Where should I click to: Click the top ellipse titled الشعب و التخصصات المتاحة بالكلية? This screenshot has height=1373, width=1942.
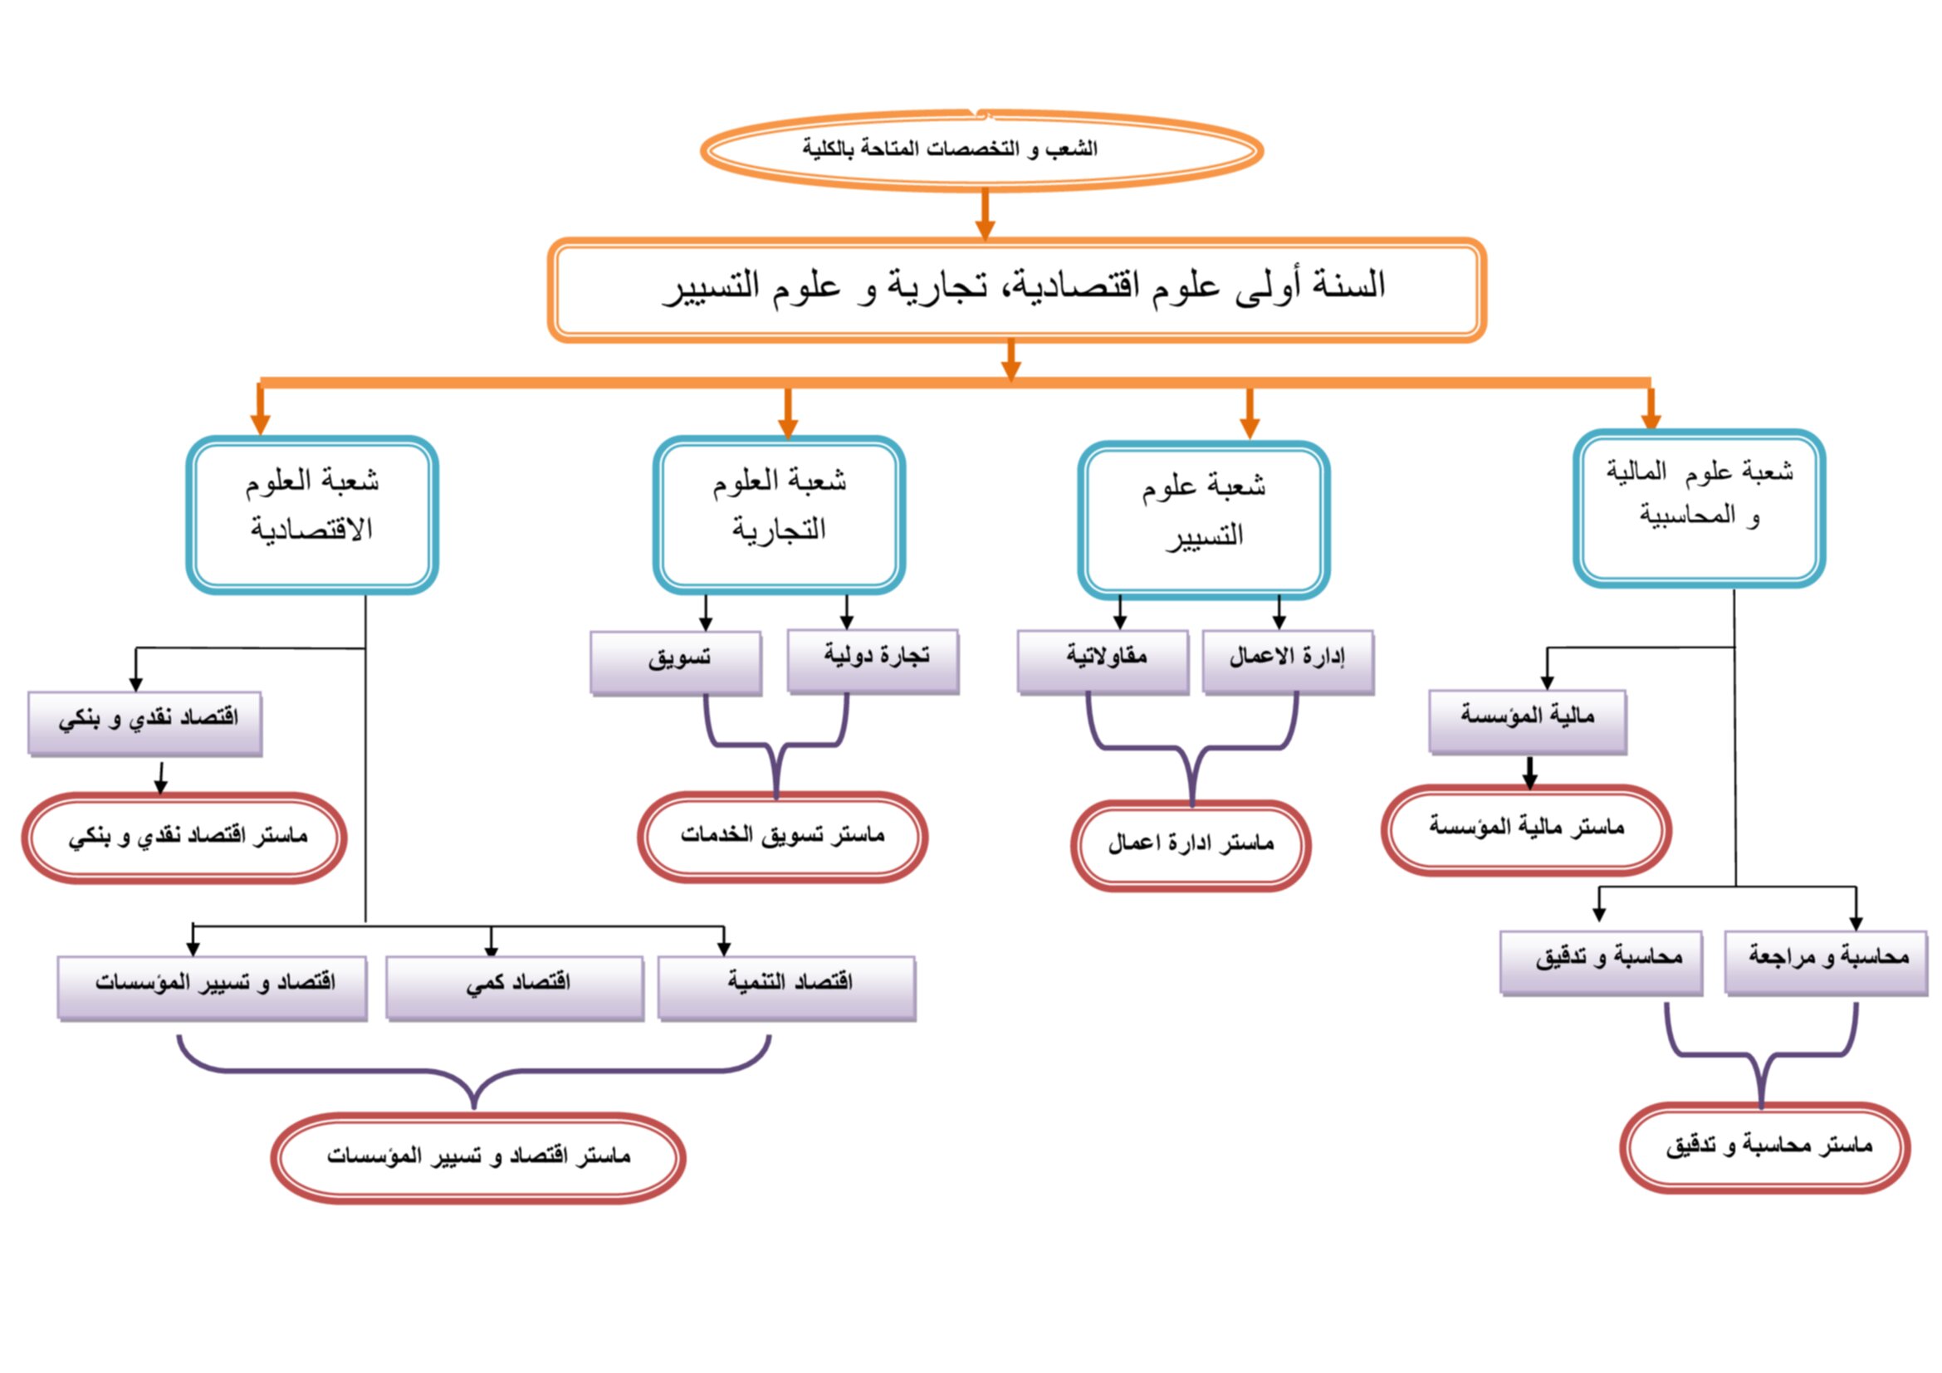(982, 149)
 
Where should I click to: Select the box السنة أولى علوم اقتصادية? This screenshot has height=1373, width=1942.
(1017, 289)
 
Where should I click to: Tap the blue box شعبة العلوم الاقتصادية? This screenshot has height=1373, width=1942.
(312, 515)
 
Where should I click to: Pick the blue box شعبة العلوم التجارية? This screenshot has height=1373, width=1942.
(779, 515)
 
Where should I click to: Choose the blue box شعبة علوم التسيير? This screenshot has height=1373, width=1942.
(1204, 519)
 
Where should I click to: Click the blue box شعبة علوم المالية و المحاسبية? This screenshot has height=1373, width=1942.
(1700, 508)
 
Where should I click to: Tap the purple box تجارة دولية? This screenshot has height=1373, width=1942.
(873, 661)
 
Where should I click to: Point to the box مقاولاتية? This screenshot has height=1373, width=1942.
(1103, 662)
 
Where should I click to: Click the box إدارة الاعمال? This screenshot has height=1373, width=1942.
(1289, 662)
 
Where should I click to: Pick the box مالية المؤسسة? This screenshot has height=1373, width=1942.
(1528, 722)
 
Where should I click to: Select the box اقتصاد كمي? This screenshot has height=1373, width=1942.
(515, 989)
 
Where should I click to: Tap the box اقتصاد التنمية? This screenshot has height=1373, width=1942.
(787, 989)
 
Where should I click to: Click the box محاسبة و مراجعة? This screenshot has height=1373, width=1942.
(1827, 964)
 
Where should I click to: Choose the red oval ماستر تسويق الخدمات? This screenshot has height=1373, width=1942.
(782, 837)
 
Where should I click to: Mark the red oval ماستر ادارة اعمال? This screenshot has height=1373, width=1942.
(1191, 845)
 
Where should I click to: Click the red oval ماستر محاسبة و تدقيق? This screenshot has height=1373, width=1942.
(1765, 1147)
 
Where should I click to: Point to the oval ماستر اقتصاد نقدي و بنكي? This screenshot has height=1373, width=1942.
(184, 838)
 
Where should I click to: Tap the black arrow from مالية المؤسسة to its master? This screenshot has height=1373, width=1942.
(1529, 773)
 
